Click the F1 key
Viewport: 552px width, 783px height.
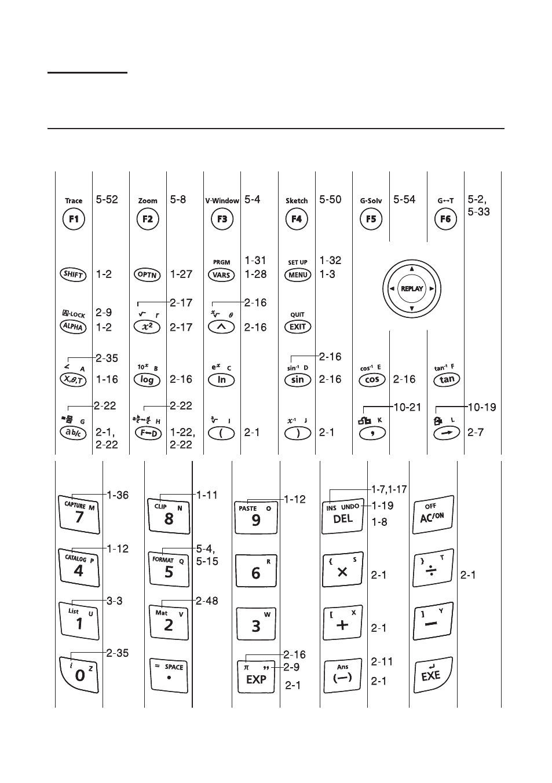pyautogui.click(x=74, y=219)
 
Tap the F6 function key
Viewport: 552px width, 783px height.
pyautogui.click(x=445, y=219)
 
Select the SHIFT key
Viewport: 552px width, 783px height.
pyautogui.click(x=73, y=275)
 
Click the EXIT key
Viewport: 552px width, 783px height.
pyautogui.click(x=298, y=327)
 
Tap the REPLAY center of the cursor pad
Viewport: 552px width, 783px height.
pyautogui.click(x=412, y=289)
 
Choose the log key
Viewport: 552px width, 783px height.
pyautogui.click(x=147, y=380)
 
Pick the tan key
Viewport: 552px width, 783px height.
pyautogui.click(x=447, y=379)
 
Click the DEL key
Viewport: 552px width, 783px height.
pyautogui.click(x=342, y=516)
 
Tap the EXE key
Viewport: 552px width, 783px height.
pyautogui.click(x=433, y=675)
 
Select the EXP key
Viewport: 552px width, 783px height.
pyautogui.click(x=256, y=677)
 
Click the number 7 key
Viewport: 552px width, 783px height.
pyautogui.click(x=79, y=514)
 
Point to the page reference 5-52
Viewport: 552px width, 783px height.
pyautogui.click(x=107, y=200)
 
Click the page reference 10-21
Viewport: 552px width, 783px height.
pyautogui.click(x=407, y=407)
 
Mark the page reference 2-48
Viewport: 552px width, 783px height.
pyautogui.click(x=207, y=601)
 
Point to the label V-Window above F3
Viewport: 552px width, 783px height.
pyautogui.click(x=222, y=201)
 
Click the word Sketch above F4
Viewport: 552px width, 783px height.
pyautogui.click(x=297, y=201)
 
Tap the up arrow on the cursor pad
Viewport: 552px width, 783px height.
pyautogui.click(x=412, y=269)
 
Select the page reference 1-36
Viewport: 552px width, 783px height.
pyautogui.click(x=118, y=495)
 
